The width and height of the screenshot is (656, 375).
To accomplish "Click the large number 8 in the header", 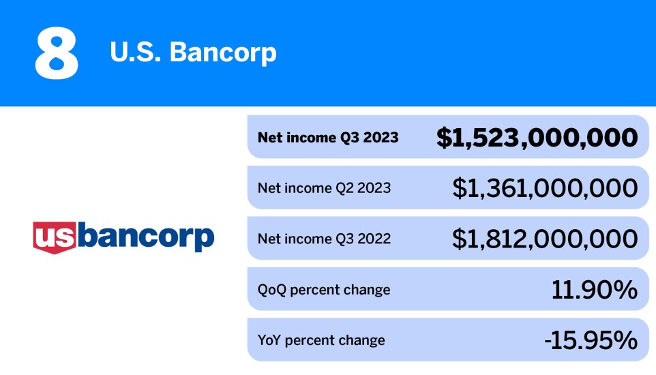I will (57, 53).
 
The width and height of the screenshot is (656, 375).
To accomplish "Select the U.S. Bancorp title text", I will (193, 52).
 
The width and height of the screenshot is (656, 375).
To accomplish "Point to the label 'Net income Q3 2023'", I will (327, 137).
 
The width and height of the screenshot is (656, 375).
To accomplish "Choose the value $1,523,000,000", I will (537, 138).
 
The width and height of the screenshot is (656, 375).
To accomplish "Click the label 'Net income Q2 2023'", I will (324, 187).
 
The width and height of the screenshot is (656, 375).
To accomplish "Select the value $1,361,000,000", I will (545, 187).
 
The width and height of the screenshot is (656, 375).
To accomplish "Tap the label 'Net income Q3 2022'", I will (324, 239).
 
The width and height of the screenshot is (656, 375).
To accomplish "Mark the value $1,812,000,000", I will (545, 239).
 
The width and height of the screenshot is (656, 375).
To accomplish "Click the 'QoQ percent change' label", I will (324, 289).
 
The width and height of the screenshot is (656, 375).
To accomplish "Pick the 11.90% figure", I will (594, 289).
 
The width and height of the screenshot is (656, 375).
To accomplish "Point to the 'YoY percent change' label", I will (321, 340).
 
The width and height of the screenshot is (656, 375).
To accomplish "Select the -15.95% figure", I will (591, 340).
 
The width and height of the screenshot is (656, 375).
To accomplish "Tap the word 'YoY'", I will (269, 340).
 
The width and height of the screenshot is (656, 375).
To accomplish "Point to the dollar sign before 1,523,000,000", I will (444, 138).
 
